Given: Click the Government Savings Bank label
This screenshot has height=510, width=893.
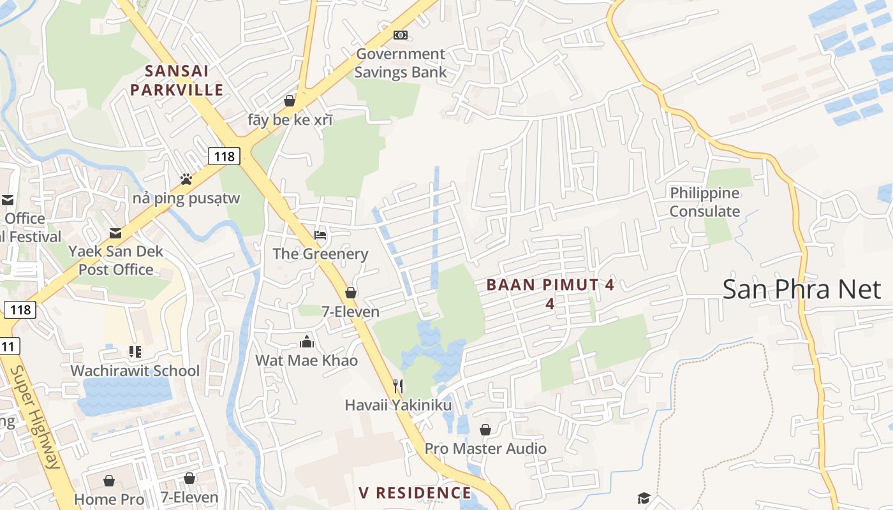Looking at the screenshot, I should click(401, 63).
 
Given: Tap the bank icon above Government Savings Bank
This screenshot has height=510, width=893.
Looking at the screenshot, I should click(401, 35).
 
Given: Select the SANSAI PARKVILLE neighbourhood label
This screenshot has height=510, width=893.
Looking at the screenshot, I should click(177, 80).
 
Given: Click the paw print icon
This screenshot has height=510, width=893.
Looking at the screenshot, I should click(186, 179).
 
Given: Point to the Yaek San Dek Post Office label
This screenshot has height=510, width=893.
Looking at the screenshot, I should click(115, 260).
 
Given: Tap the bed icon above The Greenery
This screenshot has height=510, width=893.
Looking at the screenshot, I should click(320, 235).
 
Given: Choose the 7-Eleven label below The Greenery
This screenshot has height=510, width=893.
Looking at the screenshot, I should click(350, 311).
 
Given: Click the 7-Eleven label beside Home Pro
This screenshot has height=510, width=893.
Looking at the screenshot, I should click(189, 497).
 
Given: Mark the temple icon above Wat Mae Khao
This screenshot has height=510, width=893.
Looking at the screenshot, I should click(307, 342).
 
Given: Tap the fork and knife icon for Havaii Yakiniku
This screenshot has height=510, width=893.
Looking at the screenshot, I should click(398, 386).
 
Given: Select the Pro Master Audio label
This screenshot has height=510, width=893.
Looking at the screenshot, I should click(485, 448).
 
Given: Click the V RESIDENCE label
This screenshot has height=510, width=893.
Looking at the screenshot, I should click(415, 493).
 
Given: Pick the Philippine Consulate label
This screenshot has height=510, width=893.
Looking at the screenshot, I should click(705, 202).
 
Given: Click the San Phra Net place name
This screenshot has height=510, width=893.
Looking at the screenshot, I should click(801, 289).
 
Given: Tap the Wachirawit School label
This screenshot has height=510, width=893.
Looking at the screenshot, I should click(135, 370).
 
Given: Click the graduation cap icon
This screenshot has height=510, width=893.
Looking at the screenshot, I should click(644, 498).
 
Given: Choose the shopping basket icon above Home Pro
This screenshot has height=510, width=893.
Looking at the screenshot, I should click(109, 480).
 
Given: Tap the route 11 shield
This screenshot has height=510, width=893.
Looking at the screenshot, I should click(8, 346).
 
